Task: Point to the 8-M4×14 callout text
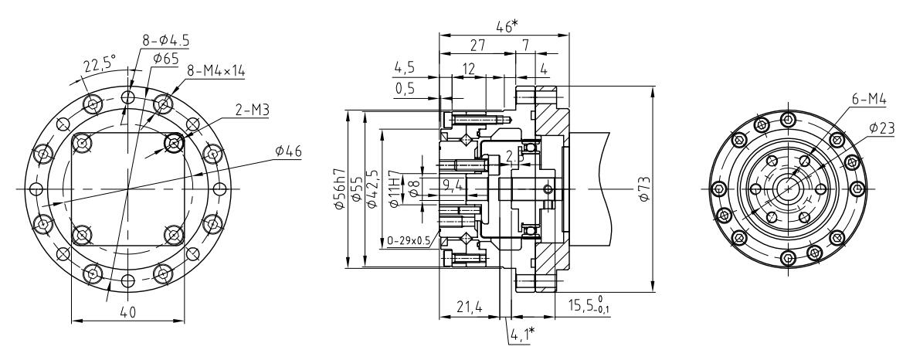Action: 215,70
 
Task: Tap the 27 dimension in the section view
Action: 477,46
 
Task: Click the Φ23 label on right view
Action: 881,129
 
